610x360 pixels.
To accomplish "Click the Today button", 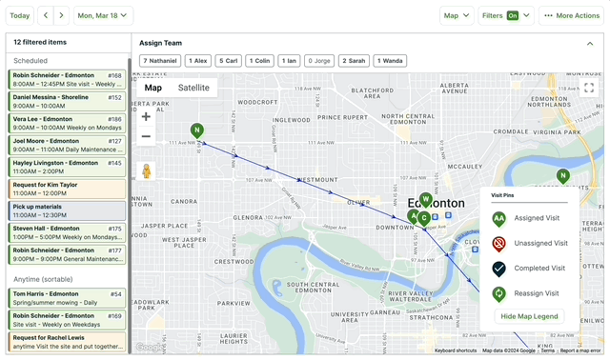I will tap(19, 15).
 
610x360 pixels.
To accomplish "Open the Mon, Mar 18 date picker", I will tap(103, 15).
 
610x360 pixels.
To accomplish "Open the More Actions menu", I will tap(572, 15).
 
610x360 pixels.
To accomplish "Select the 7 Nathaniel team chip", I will tap(160, 60).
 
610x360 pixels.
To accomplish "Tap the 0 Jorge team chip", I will tap(320, 60).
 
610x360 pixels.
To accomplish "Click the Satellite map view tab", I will tap(193, 88).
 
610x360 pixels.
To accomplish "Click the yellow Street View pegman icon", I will tap(146, 171).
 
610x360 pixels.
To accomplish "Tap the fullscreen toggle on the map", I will tap(589, 88).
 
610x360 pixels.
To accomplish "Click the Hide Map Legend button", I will tap(529, 316).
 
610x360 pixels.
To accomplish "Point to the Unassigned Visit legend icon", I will tap(498, 243).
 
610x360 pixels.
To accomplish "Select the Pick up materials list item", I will tap(67, 210).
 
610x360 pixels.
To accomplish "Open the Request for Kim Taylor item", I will tap(67, 189).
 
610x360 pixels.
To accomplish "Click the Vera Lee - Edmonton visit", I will tap(67, 124).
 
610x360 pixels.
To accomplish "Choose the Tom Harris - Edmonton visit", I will tap(67, 298).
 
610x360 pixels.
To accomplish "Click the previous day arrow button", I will tap(46, 15).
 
